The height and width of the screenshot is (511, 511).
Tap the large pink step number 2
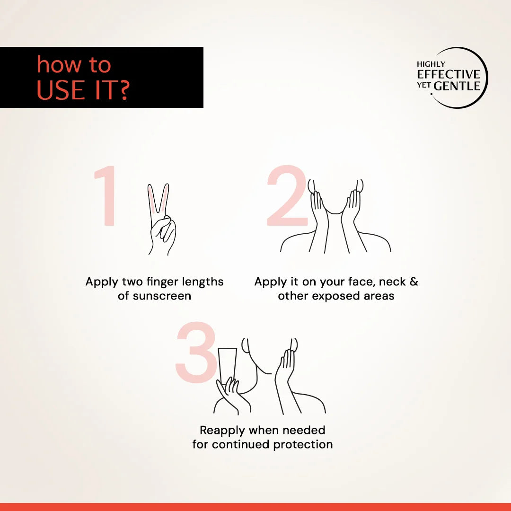[x=287, y=195]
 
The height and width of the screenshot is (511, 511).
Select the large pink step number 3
[x=196, y=352]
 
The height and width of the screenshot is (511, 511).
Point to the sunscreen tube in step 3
[x=228, y=365]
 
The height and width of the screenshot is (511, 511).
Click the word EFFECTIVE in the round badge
[x=448, y=74]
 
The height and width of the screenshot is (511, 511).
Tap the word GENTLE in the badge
[x=457, y=86]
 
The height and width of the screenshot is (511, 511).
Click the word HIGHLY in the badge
[x=431, y=64]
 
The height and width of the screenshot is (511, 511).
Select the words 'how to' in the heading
[x=74, y=64]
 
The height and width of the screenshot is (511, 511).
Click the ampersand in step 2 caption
[x=414, y=281]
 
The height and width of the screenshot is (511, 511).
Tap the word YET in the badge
[x=423, y=85]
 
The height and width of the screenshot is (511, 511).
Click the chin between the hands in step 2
[x=335, y=212]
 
